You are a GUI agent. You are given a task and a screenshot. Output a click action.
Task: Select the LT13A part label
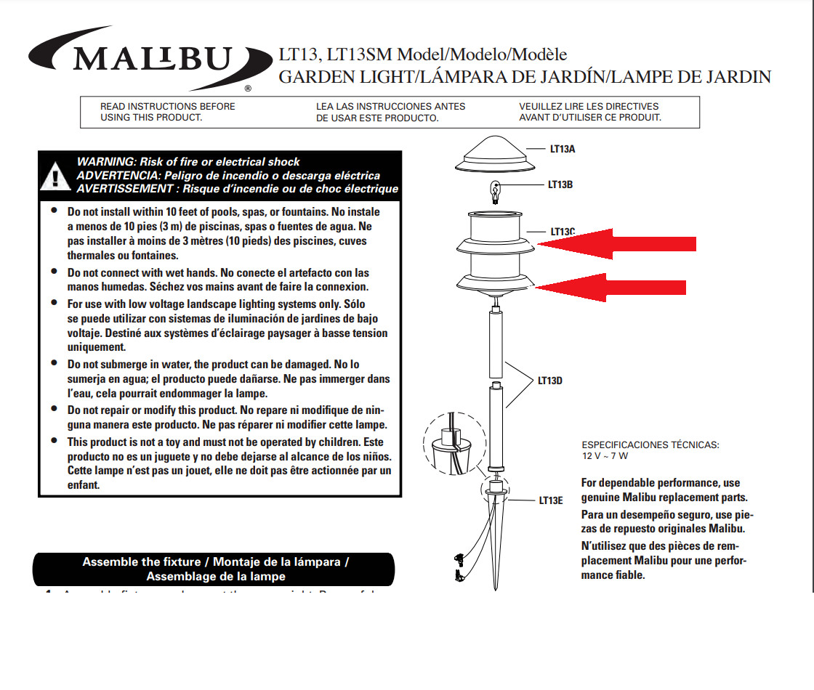coord(563,149)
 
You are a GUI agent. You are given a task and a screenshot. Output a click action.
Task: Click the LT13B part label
coord(560,184)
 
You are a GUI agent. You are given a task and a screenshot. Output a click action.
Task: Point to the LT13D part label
coord(549,380)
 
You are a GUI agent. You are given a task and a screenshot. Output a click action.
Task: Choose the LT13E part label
coord(550,500)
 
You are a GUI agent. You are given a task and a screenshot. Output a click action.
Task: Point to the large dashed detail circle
coord(454,444)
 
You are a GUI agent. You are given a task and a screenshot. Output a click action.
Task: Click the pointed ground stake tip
coord(495,586)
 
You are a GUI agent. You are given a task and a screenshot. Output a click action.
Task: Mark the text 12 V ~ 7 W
coord(605,456)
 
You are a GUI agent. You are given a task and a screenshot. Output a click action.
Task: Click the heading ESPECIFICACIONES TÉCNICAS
coord(650,445)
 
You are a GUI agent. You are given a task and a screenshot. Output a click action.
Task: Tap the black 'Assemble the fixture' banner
coord(215,569)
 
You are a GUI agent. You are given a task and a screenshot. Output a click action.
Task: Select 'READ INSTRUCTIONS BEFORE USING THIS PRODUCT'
coord(168,112)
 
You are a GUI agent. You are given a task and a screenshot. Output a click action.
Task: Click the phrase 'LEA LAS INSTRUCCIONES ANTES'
coord(390,107)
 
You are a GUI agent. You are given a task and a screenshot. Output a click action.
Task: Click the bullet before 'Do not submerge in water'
coord(54,362)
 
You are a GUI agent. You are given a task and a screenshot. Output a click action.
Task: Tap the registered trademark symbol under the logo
coord(248,88)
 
